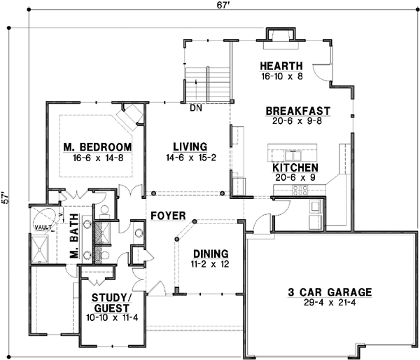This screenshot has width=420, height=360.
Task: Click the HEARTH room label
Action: point(281,66)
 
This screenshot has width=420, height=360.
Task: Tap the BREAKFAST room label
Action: point(298,111)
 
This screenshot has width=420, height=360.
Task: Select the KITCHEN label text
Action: point(295,168)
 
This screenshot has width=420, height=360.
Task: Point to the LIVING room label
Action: point(190,147)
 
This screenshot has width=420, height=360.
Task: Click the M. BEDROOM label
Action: point(97,147)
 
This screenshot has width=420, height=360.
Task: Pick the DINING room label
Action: point(211,254)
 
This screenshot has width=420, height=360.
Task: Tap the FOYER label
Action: point(168,216)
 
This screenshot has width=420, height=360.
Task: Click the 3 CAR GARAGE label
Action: point(330,292)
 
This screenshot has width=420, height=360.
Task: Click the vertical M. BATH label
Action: point(74,236)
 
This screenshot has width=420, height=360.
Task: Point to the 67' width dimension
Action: point(222,6)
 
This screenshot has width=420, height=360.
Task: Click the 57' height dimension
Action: point(6,198)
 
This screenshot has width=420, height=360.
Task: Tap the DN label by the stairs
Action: point(196,108)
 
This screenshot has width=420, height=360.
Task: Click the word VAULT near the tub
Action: point(43,228)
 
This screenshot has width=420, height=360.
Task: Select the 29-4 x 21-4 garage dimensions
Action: point(330,303)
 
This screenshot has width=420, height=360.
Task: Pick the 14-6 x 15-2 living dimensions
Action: point(190,158)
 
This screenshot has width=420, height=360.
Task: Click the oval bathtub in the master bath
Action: point(45,219)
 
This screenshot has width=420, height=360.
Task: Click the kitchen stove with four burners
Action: point(300,190)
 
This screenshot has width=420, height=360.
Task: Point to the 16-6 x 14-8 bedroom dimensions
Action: point(98,158)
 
